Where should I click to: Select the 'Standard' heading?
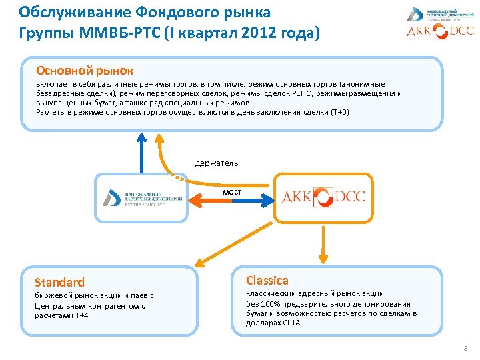60,282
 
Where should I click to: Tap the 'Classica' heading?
267,280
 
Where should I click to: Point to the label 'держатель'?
217,163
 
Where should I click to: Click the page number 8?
465,348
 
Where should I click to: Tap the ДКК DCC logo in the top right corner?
441,31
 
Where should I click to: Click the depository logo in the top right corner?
441,12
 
